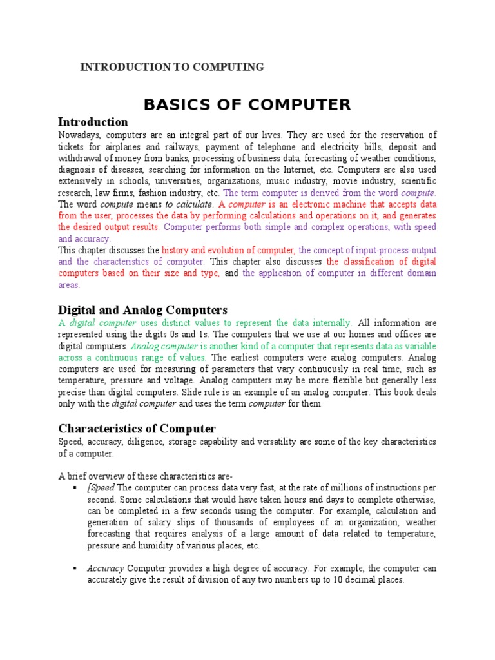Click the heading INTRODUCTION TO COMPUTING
click(172, 67)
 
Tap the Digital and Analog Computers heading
click(143, 310)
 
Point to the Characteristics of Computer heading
click(137, 429)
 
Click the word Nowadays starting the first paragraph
click(79, 135)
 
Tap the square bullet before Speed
click(75, 487)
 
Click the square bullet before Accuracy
click(75, 568)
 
